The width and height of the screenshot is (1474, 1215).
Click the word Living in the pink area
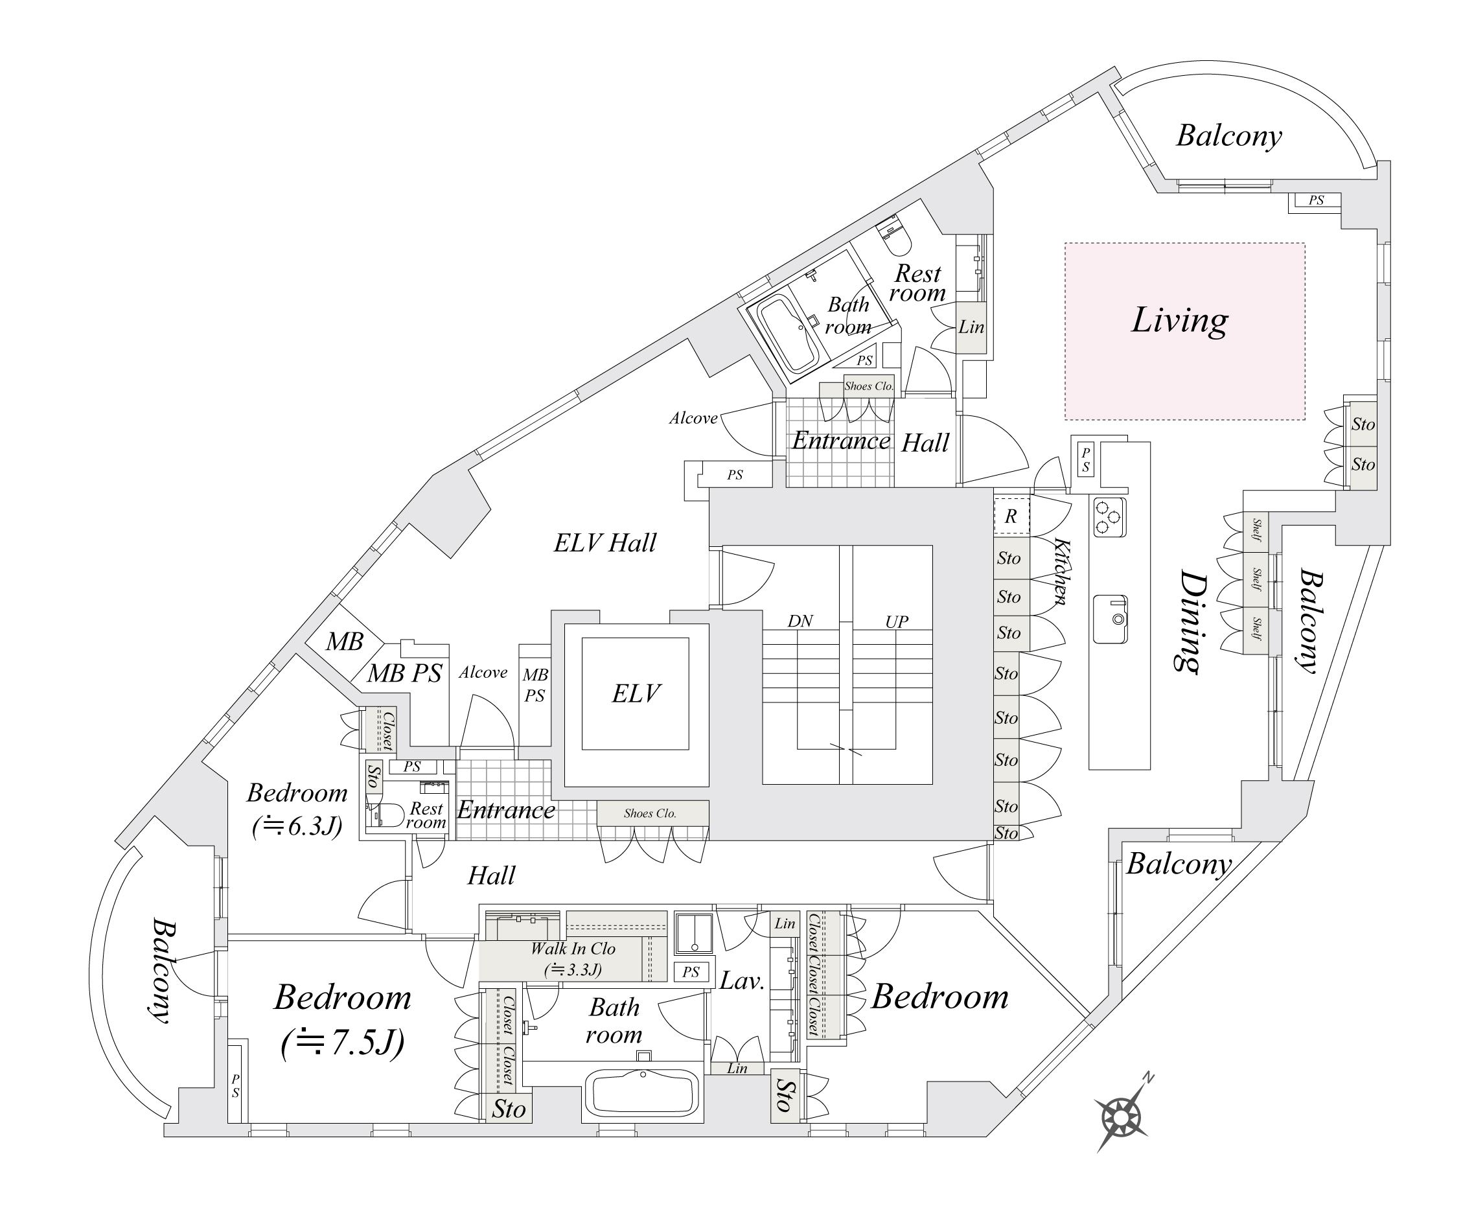coord(1179,321)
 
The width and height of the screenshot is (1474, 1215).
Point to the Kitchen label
coord(1061,571)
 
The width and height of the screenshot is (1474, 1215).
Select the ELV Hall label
coord(605,543)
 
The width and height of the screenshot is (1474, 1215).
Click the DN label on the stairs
coord(800,621)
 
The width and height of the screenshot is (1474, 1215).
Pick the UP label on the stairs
coord(897,621)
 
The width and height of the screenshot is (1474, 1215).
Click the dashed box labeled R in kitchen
coord(1011,516)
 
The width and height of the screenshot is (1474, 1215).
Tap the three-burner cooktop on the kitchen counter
coord(1109,516)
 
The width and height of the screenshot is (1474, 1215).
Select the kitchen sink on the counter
coord(1110,619)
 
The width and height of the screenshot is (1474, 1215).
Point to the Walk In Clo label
coord(573,949)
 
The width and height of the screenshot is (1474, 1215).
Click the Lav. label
coord(741,981)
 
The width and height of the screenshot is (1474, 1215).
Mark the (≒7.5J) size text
coord(342,1043)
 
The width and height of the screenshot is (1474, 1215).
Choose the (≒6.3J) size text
coord(297,827)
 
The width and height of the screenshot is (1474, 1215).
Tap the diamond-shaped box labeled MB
coord(344,640)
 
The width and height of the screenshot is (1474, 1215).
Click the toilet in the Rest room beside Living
coord(893,237)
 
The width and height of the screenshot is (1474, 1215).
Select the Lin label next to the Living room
coord(971,327)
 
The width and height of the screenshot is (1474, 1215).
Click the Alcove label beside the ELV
coord(483,673)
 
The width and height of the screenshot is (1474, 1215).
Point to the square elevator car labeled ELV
coord(636,693)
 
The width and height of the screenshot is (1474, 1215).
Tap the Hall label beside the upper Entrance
coord(925,443)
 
